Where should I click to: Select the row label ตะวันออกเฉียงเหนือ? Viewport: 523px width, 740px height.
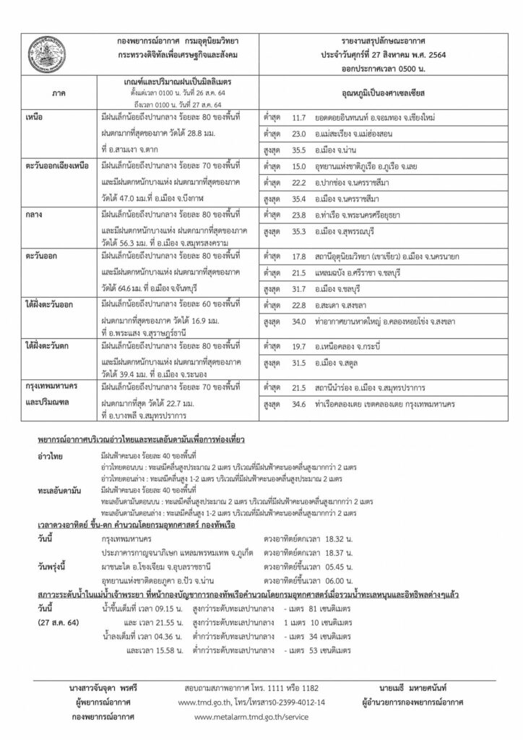point(56,166)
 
